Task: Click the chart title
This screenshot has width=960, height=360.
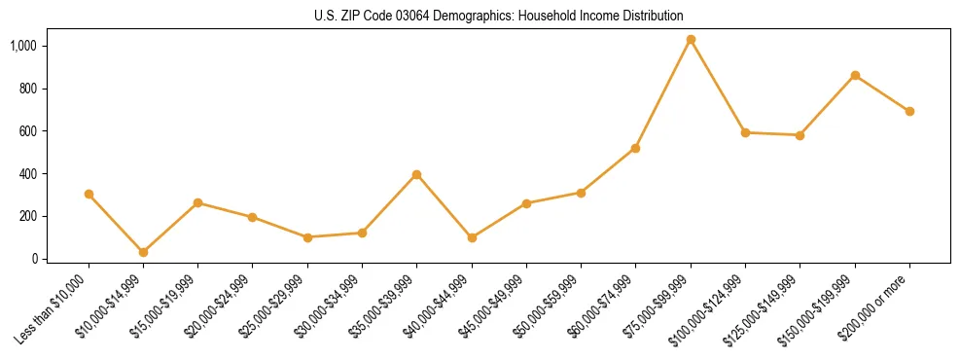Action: point(499,16)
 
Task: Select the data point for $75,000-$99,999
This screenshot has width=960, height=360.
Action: point(691,40)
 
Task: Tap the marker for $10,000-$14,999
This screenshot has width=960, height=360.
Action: point(144,252)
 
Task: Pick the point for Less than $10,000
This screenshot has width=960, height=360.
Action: point(89,194)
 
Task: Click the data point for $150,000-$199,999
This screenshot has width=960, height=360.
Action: point(855,75)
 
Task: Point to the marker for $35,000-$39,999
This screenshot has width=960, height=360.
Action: point(417,174)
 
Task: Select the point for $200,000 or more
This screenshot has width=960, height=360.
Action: point(909,111)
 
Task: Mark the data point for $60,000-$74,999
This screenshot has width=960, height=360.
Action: point(636,148)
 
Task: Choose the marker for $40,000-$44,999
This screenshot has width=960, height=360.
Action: point(472,237)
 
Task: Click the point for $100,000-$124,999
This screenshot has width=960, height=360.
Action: point(745,132)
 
